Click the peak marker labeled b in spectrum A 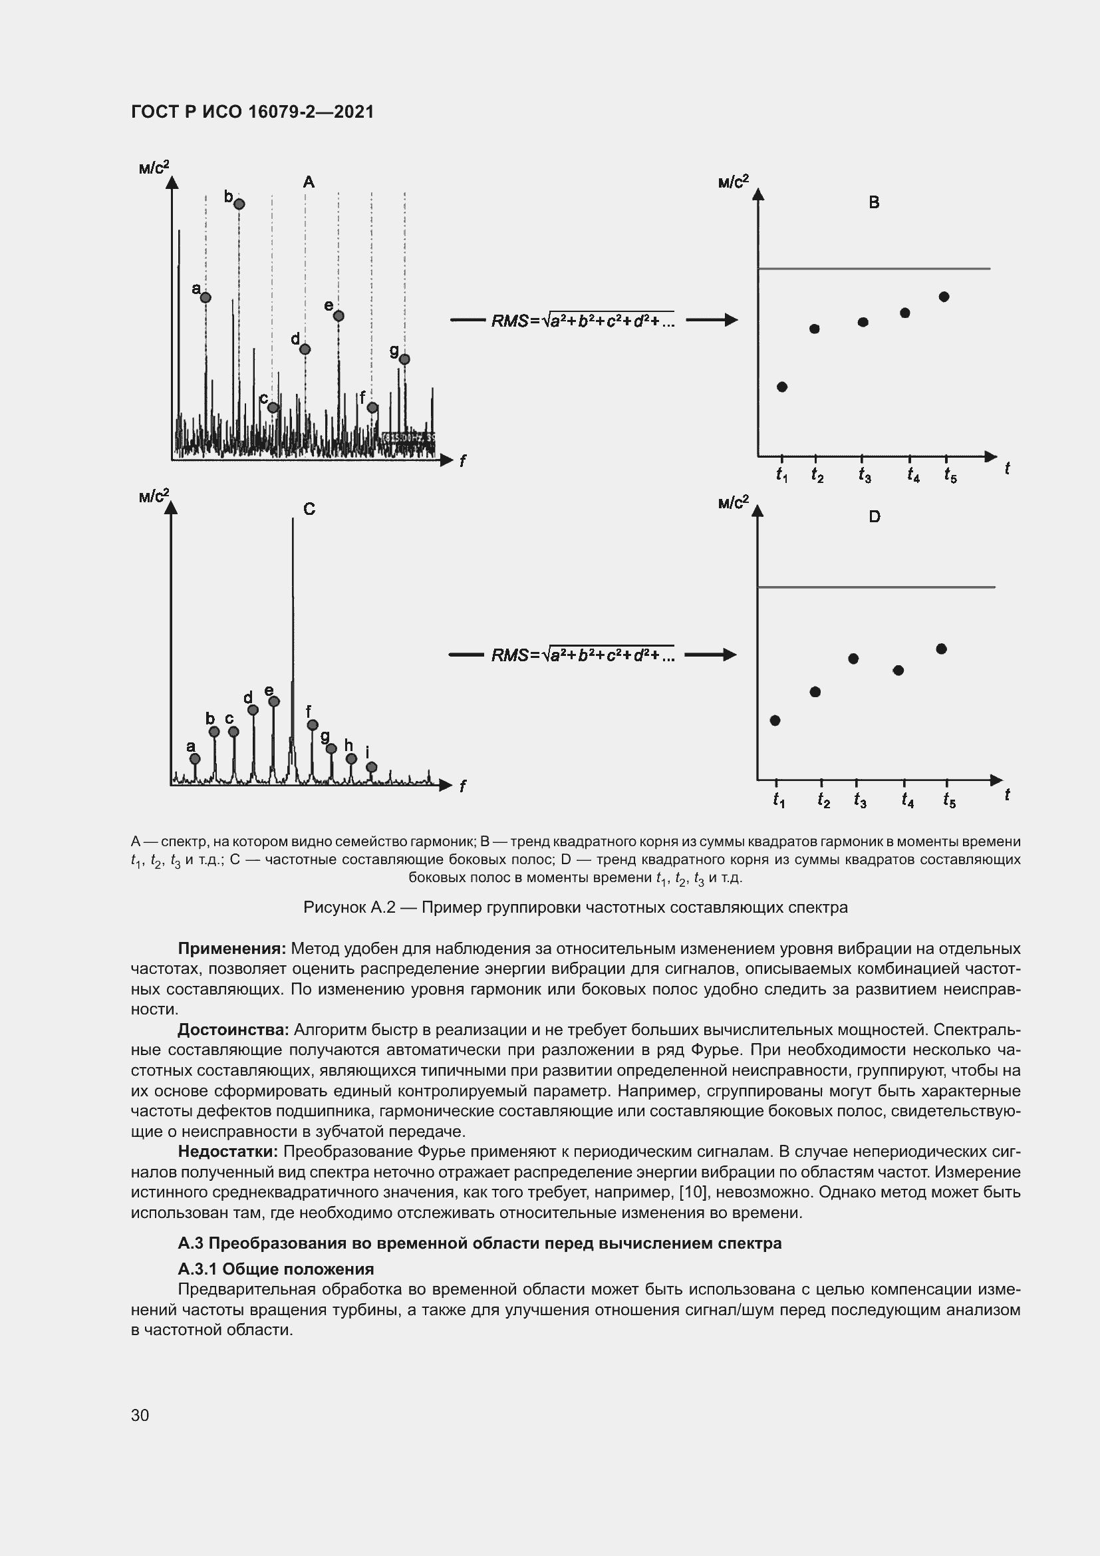click(x=239, y=204)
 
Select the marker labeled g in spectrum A click(x=404, y=359)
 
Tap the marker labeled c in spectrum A click(x=273, y=407)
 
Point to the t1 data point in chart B click(x=781, y=387)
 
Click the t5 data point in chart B click(x=944, y=297)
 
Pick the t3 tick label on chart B click(x=865, y=475)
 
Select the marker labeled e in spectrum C click(x=273, y=701)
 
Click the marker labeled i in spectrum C click(x=371, y=767)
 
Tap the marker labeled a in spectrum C click(x=194, y=758)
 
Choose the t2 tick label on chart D click(x=823, y=801)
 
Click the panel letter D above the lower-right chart click(x=875, y=517)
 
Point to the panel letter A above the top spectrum click(x=308, y=182)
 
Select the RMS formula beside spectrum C click(x=583, y=655)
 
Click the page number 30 click(x=140, y=1415)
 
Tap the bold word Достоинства click(x=233, y=1029)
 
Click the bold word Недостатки click(x=227, y=1152)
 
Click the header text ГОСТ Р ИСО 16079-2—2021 click(x=252, y=112)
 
